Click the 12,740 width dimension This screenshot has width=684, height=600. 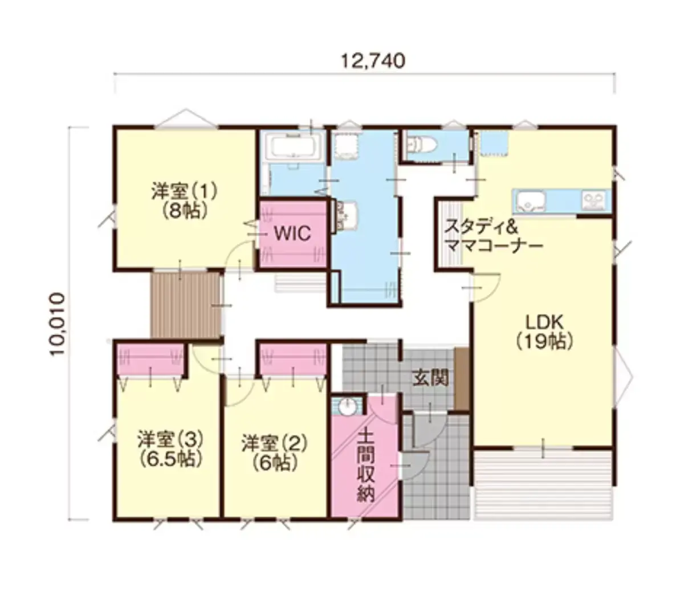(x=373, y=62)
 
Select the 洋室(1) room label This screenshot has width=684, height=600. (x=184, y=191)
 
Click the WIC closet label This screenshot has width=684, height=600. (x=292, y=233)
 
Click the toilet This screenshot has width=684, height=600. (x=422, y=145)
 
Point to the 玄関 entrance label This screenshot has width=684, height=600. (x=430, y=377)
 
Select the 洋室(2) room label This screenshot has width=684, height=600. (x=275, y=444)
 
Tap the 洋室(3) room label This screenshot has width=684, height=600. (x=170, y=439)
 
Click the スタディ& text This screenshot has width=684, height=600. (x=481, y=226)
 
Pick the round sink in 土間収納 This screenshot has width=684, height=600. (x=346, y=407)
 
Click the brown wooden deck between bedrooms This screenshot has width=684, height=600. (x=185, y=305)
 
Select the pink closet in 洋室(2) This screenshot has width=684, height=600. (x=293, y=359)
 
